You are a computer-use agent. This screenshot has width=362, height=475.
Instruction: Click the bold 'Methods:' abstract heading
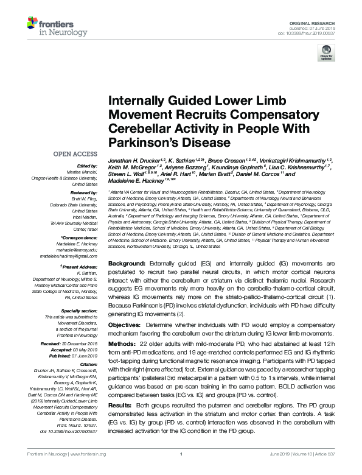pyautogui.click(x=123, y=344)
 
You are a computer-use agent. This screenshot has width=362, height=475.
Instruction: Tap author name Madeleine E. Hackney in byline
pyautogui.click(x=136, y=197)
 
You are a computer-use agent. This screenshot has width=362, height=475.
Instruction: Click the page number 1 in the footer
pyautogui.click(x=181, y=471)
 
